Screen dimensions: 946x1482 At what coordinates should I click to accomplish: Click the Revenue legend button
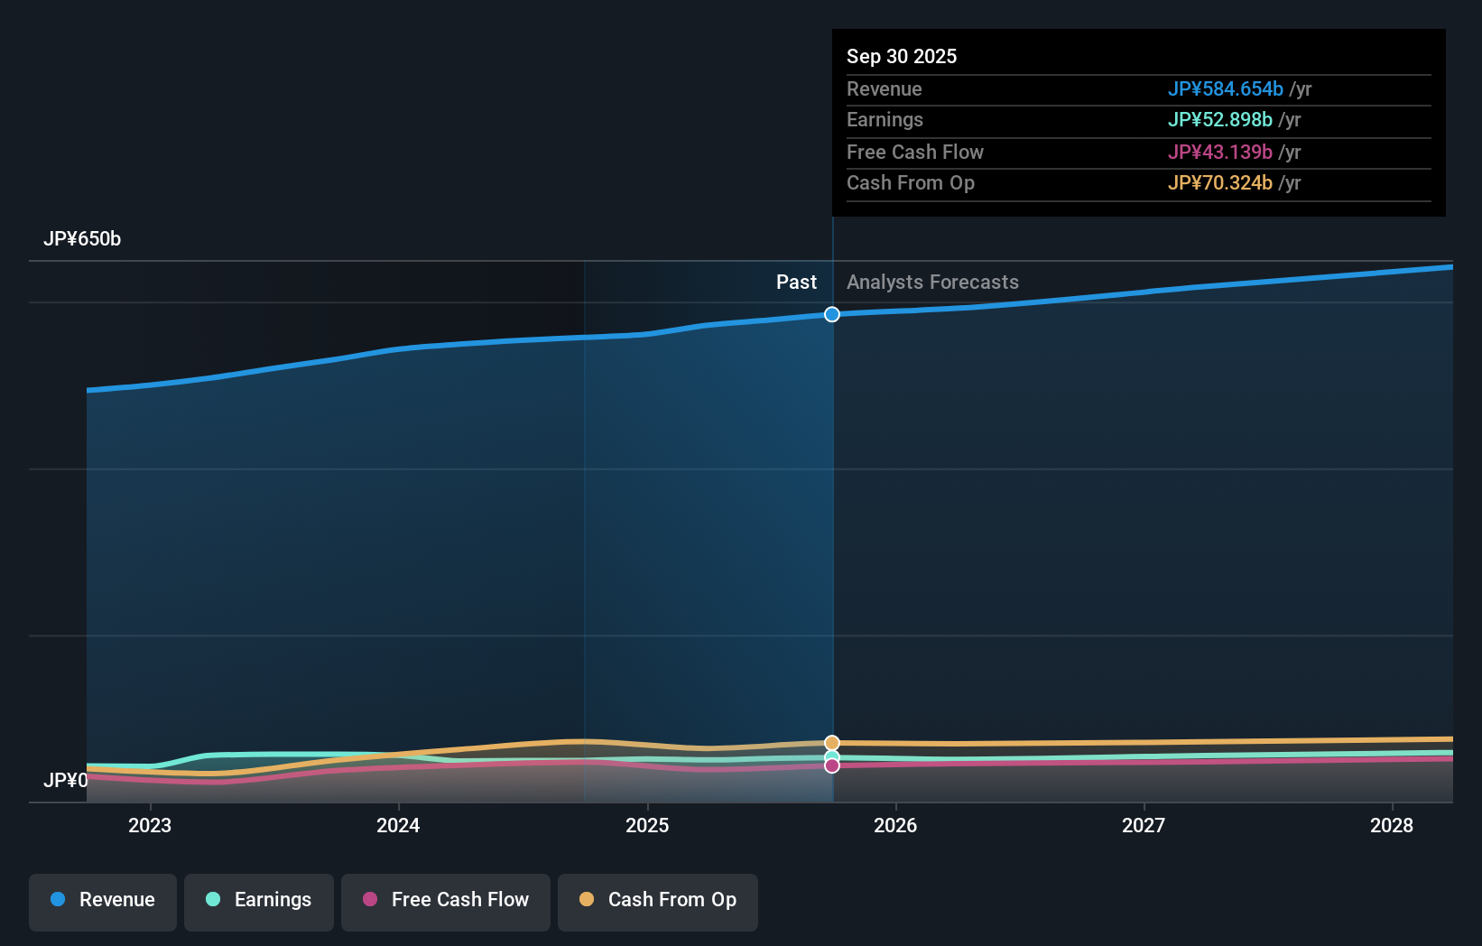tap(103, 900)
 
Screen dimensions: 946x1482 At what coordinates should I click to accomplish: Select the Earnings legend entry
tap(259, 900)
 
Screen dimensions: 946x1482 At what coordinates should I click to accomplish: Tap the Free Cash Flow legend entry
tap(446, 900)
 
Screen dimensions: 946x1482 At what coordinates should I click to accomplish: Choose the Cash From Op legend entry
tap(658, 900)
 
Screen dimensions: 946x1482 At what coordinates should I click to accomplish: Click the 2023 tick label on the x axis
tap(150, 826)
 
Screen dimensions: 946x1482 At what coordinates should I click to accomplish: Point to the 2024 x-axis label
tap(398, 826)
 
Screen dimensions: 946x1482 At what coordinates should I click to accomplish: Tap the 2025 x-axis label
tap(647, 826)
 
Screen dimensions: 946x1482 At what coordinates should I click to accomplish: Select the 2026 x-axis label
tap(895, 826)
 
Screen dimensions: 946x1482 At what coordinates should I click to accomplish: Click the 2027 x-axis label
tap(1144, 826)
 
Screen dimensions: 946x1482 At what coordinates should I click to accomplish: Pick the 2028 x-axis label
tap(1392, 826)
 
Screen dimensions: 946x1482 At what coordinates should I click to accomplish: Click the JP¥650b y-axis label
tap(82, 239)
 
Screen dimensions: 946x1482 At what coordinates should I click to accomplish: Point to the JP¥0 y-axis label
tap(65, 781)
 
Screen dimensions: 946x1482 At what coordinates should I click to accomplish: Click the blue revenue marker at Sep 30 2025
tap(832, 314)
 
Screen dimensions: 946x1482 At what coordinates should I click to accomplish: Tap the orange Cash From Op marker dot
tap(832, 743)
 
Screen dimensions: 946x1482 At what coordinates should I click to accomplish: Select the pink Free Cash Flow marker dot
tap(832, 765)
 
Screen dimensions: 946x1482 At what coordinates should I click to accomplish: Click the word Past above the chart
tap(796, 283)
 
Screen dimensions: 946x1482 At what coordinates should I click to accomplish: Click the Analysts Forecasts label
tap(932, 283)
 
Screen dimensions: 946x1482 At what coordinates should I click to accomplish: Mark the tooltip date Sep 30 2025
tap(902, 57)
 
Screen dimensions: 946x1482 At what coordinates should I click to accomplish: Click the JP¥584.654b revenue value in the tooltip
tap(1225, 89)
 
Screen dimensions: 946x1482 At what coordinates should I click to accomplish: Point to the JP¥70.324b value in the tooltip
tap(1219, 183)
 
